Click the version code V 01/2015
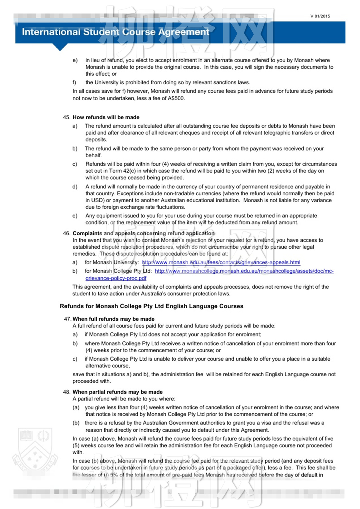pos(320,16)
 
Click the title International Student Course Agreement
pos(115,32)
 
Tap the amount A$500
pos(176,98)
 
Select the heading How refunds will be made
pos(106,117)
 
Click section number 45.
pos(66,117)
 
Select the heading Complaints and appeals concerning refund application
pos(143,233)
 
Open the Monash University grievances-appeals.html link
pos(221,262)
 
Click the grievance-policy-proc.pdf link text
pos(116,278)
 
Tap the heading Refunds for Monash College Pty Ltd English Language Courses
pos(151,306)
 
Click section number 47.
pos(67,319)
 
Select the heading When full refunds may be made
pos(113,319)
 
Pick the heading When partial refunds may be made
pos(118,392)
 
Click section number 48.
pos(66,392)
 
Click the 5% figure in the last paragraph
pos(114,475)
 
